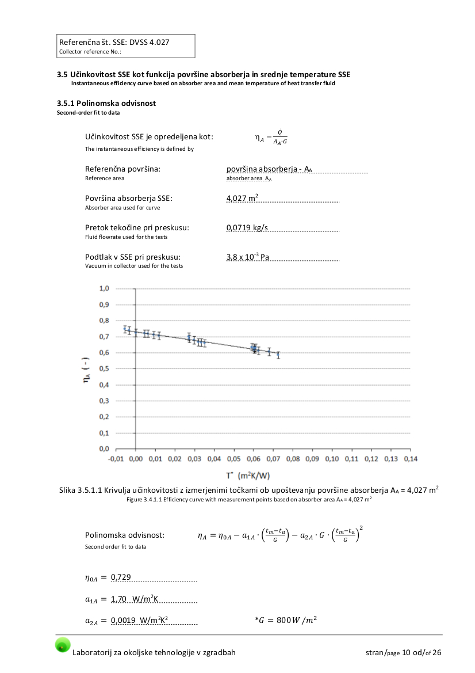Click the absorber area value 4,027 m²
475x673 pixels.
[x=242, y=198]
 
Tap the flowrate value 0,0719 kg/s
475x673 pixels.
[x=247, y=227]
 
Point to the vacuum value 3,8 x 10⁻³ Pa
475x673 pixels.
[x=248, y=257]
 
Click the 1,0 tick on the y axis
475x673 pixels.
[x=104, y=288]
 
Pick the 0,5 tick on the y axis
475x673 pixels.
[x=104, y=368]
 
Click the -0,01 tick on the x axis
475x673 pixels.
[x=116, y=459]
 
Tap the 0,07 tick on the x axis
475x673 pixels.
[x=273, y=459]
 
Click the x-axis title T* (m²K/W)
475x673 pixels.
[x=248, y=476]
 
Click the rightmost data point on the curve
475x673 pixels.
[x=278, y=355]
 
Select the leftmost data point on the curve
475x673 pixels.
[x=125, y=329]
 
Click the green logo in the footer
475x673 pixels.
[x=63, y=645]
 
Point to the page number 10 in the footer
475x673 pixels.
[x=407, y=652]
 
